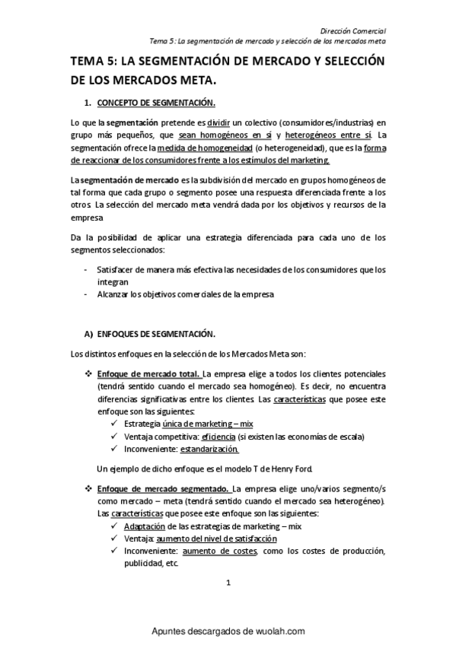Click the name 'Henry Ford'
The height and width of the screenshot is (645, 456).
pyautogui.click(x=289, y=467)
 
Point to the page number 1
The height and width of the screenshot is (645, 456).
pyautogui.click(x=228, y=583)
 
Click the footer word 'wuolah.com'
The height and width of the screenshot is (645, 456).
pyautogui.click(x=276, y=631)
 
